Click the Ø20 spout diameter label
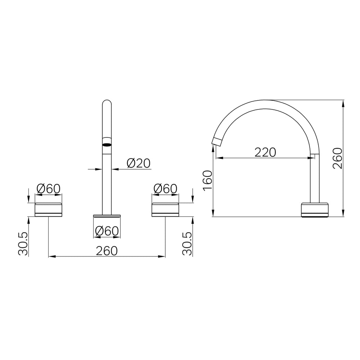click(x=139, y=163)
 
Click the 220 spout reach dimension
click(x=265, y=152)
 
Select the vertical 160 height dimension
click(x=208, y=180)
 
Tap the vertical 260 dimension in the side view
click(x=338, y=158)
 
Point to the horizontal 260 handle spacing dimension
click(x=107, y=251)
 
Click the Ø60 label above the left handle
click(x=49, y=189)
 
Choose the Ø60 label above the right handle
click(x=165, y=189)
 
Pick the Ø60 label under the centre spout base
click(x=107, y=231)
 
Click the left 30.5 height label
click(x=23, y=244)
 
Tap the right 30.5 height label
click(x=187, y=244)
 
